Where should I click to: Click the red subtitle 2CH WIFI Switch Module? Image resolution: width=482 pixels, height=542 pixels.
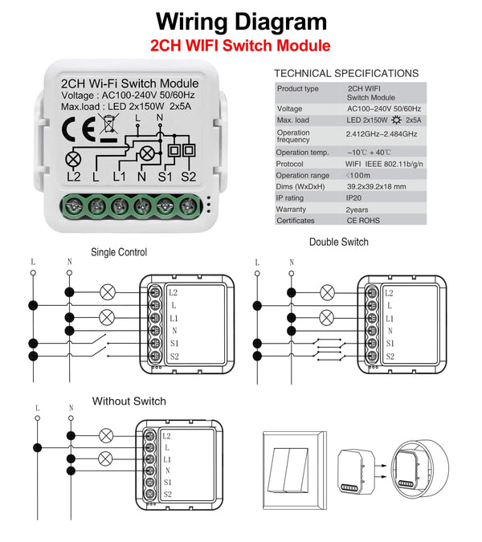241,45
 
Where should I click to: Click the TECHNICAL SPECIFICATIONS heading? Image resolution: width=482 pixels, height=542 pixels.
346,73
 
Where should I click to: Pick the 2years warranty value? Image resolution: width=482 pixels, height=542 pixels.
358,209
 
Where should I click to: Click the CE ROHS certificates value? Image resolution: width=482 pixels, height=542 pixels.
363,220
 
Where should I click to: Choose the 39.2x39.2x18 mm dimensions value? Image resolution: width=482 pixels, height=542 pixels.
376,186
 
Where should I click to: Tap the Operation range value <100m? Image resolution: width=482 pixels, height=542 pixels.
358,175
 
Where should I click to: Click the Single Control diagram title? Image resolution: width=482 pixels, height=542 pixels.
119,252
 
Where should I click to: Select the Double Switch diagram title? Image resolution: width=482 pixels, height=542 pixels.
339,242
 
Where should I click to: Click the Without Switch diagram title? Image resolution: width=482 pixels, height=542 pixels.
129,401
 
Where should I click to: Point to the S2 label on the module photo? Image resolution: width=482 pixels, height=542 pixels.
190,176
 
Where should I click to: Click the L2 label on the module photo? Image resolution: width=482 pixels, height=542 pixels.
73,176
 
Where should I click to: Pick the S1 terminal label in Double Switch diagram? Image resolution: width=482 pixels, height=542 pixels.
390,344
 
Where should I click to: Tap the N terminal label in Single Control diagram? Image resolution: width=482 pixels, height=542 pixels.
174,331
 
